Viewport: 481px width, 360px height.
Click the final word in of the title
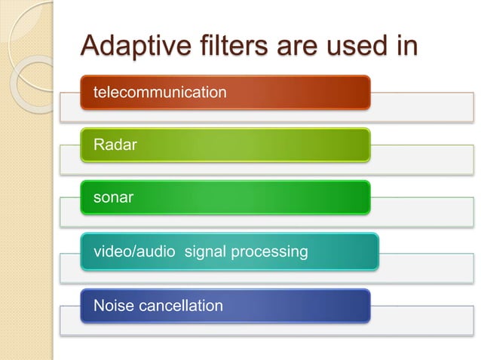coord(406,44)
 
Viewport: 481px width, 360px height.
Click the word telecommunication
coord(159,92)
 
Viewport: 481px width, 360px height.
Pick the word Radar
coord(115,145)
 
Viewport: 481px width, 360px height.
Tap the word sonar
coord(114,198)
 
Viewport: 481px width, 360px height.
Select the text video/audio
coord(135,252)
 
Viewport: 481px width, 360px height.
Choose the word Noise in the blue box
coord(114,306)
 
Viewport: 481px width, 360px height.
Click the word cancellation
coord(180,306)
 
